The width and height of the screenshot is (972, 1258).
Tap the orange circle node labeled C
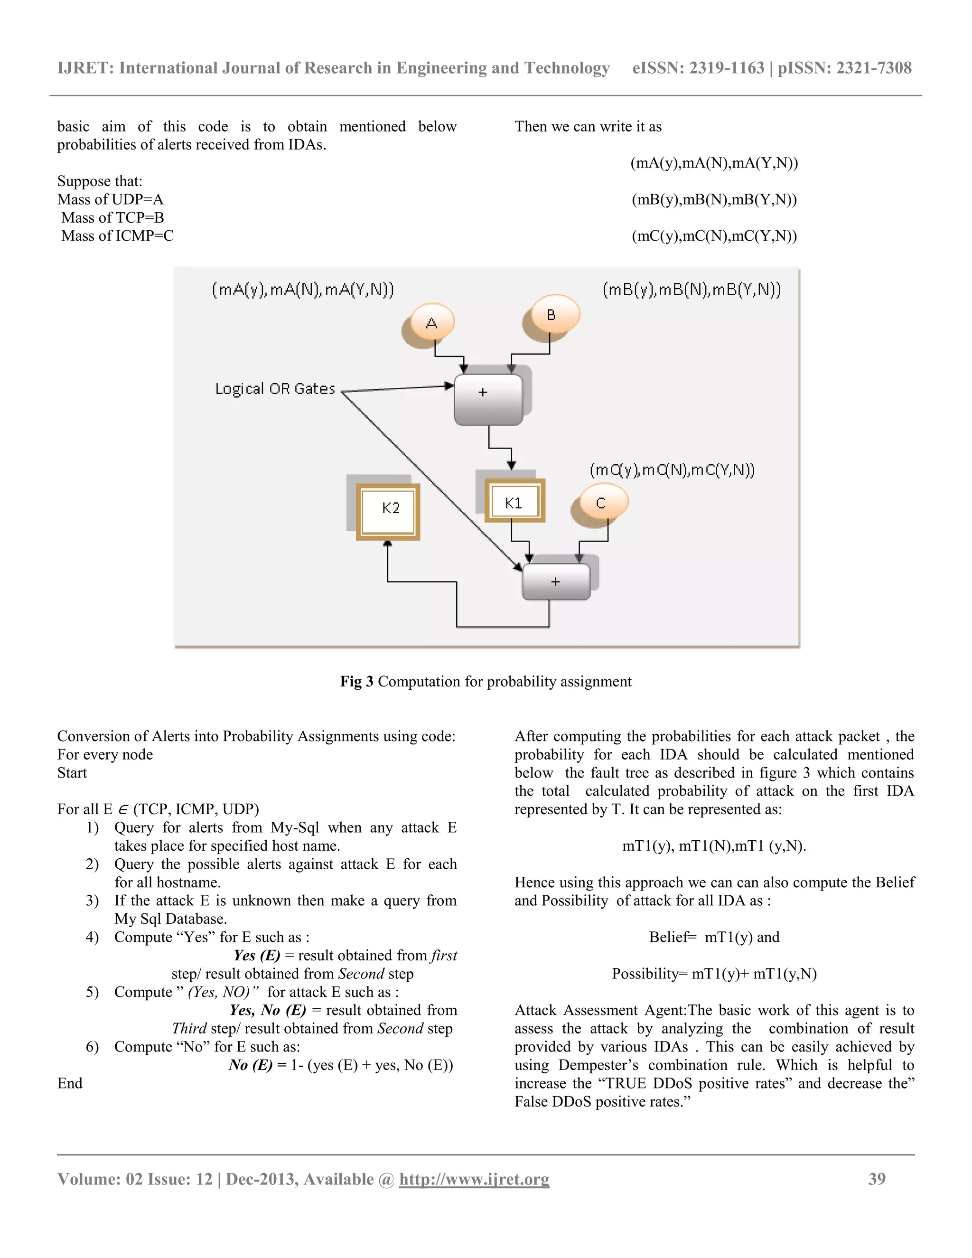pos(601,502)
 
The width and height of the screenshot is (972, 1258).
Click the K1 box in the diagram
pos(514,502)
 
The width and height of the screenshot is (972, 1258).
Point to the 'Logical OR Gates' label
pos(275,389)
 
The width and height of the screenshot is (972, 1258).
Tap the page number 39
pos(877,1179)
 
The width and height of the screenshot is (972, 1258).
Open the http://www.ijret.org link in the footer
pos(474,1179)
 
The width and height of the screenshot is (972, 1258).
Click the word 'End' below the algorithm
pos(70,1083)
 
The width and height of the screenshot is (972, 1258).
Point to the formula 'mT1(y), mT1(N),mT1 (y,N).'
pos(714,845)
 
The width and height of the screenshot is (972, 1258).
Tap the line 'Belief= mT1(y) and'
pos(714,937)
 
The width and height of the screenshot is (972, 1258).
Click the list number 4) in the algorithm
pos(92,937)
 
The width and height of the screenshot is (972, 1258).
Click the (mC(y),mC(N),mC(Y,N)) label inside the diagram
pos(672,470)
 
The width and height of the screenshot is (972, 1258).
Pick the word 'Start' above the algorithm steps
pos(72,772)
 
